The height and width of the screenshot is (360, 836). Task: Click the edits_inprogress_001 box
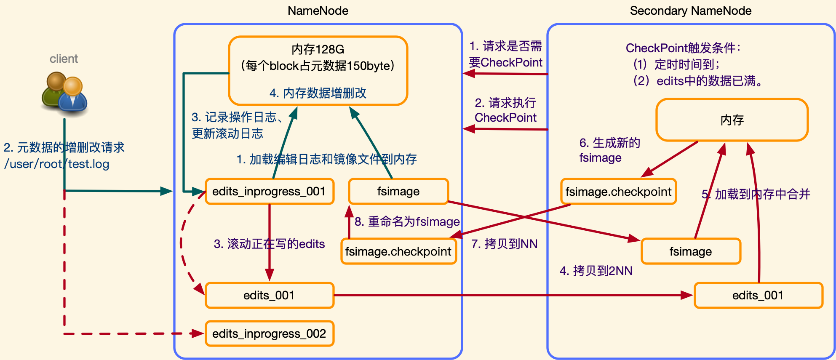pyautogui.click(x=270, y=192)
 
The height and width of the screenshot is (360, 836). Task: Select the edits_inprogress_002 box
pyautogui.click(x=270, y=334)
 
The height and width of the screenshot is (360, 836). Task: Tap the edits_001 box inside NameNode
pyautogui.click(x=270, y=296)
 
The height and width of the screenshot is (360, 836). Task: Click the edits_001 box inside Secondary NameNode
pyautogui.click(x=758, y=296)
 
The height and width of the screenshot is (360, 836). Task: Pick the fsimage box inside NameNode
pyautogui.click(x=398, y=192)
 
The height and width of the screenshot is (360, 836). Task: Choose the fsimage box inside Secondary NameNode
pyautogui.click(x=691, y=252)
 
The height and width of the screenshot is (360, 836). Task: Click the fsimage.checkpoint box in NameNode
pyautogui.click(x=398, y=252)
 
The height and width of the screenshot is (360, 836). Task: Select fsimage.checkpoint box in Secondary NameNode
pyautogui.click(x=618, y=192)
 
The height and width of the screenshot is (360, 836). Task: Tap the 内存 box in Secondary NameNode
pyautogui.click(x=732, y=120)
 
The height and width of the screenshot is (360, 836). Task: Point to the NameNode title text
pyautogui.click(x=318, y=11)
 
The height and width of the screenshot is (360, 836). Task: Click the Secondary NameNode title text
pyautogui.click(x=691, y=11)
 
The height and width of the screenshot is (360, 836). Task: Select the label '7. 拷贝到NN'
pyautogui.click(x=505, y=244)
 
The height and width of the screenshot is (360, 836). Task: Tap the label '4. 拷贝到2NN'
pyautogui.click(x=596, y=271)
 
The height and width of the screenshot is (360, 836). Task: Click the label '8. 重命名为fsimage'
pyautogui.click(x=407, y=222)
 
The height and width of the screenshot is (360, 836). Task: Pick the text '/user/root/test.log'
pyautogui.click(x=57, y=164)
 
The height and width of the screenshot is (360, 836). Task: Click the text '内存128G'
pyautogui.click(x=318, y=50)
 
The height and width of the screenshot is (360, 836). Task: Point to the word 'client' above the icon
pyautogui.click(x=64, y=59)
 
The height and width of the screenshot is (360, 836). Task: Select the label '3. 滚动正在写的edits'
pyautogui.click(x=270, y=244)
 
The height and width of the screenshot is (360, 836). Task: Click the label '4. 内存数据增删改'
pyautogui.click(x=318, y=93)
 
